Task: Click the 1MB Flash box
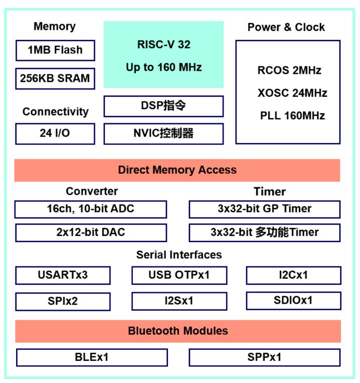pos(55,50)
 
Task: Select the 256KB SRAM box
pos(55,78)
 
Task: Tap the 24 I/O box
pos(55,134)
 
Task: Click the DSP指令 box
pos(163,106)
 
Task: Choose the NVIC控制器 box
pos(163,134)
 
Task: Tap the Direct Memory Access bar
pos(177,170)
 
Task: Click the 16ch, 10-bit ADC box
pos(90,209)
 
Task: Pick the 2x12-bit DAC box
pos(90,232)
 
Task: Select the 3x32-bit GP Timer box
pos(264,209)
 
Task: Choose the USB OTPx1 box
pos(179,275)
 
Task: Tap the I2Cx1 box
pos(293,275)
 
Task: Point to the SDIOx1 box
pos(293,301)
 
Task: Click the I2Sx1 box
pos(179,301)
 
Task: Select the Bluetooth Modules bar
pos(178,331)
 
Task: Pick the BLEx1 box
pos(92,357)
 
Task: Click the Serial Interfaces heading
pos(179,255)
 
